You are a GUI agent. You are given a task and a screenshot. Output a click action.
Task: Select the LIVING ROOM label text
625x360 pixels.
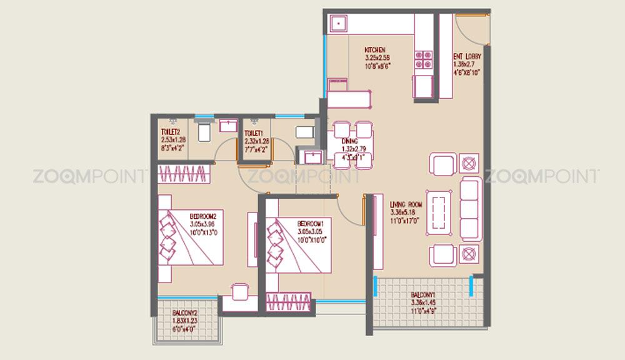406,204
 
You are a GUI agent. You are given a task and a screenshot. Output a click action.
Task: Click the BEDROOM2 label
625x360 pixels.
206,217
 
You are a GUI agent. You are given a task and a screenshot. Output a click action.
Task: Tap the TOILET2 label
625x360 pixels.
170,132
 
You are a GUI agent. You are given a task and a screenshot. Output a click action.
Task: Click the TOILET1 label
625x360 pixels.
253,134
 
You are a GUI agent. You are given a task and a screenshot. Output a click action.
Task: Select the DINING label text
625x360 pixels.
349,142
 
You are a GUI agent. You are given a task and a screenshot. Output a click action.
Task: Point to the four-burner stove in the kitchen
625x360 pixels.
422,58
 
